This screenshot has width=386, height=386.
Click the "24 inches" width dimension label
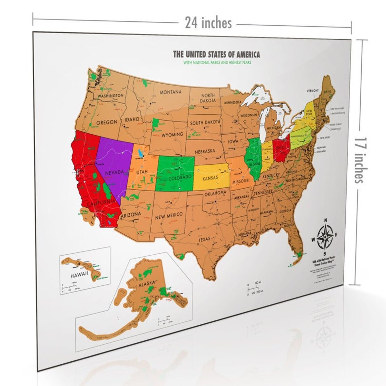(208, 23)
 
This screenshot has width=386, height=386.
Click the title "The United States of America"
(216, 54)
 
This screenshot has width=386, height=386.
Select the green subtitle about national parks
(217, 62)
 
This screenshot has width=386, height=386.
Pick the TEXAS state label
(205, 239)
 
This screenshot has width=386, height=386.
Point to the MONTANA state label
(171, 92)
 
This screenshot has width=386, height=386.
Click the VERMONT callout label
(313, 91)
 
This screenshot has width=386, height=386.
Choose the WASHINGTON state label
(110, 96)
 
